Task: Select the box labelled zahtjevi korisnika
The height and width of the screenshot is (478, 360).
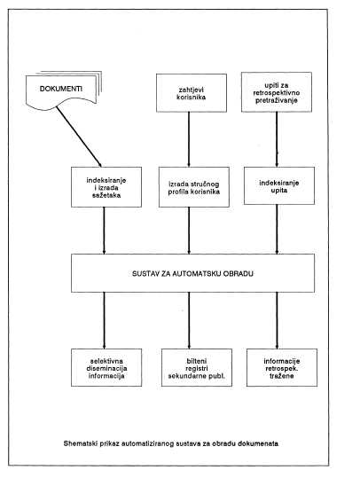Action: [192, 93]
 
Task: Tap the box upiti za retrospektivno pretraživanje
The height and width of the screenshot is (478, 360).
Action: [277, 92]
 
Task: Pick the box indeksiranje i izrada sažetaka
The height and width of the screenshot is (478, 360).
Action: [106, 187]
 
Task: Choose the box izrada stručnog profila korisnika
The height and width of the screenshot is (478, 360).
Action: [194, 187]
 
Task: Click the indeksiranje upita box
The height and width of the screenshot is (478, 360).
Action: [279, 185]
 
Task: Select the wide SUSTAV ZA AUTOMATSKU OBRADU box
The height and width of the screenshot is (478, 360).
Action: [192, 273]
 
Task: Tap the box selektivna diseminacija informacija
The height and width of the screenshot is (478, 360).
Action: [106, 368]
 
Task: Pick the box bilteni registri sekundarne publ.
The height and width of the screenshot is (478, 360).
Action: [197, 368]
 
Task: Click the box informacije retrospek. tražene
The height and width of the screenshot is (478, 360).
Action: [282, 368]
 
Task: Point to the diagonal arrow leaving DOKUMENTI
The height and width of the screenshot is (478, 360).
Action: [79, 137]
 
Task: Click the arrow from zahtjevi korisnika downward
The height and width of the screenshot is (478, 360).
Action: [189, 139]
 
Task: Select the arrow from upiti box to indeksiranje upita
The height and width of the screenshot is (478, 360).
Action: [277, 139]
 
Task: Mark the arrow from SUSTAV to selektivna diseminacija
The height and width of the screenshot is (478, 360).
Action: [104, 320]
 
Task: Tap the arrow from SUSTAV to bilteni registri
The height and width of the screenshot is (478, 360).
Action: [189, 320]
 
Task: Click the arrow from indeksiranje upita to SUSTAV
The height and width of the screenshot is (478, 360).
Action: [277, 229]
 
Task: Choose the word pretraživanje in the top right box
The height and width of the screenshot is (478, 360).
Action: [277, 100]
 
